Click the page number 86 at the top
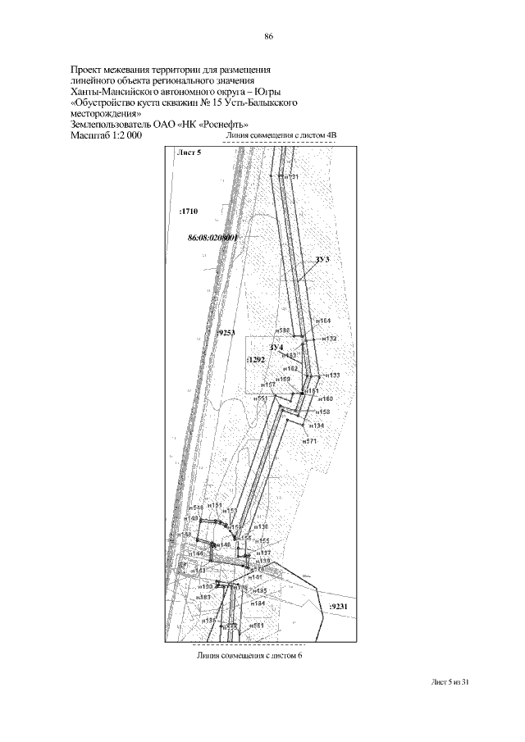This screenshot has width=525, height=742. point(268,37)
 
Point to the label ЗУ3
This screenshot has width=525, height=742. point(322,259)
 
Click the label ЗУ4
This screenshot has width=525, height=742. point(276,348)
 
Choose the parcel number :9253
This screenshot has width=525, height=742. point(226,334)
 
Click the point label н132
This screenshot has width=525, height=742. point(329,338)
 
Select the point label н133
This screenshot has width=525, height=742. point(331,375)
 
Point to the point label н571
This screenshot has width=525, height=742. point(309,441)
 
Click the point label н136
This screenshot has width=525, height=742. point(261,526)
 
